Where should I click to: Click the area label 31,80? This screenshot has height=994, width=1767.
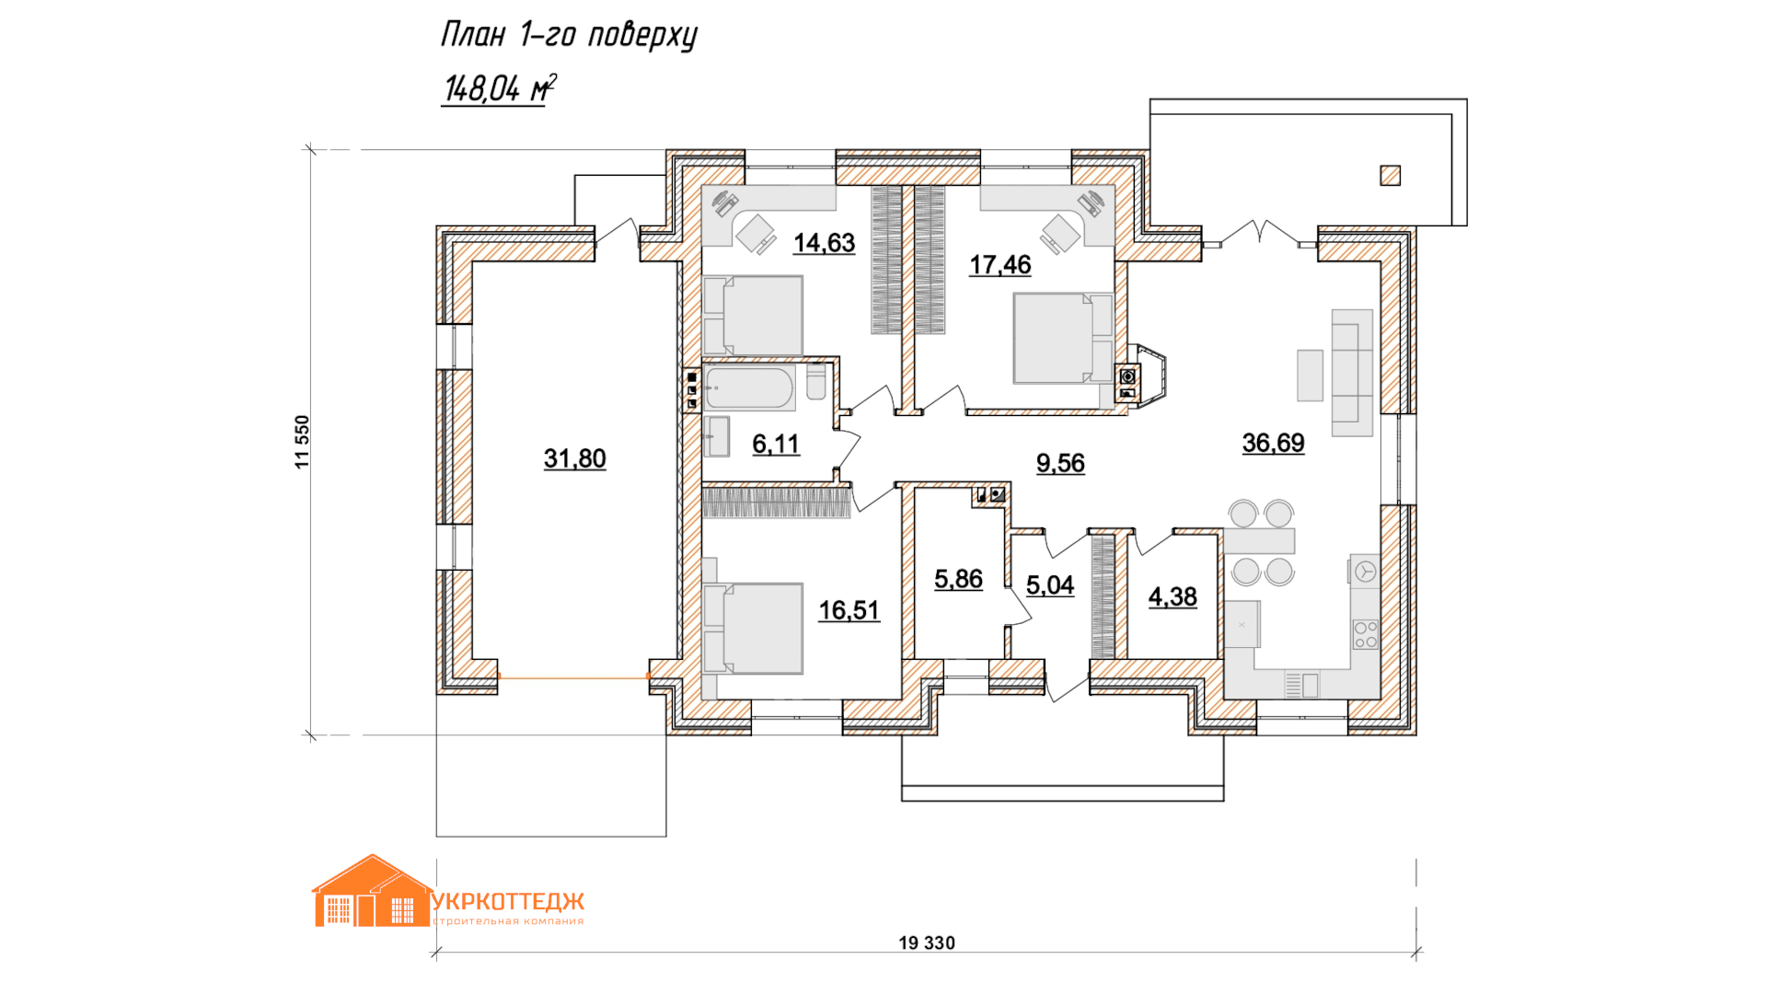(x=574, y=458)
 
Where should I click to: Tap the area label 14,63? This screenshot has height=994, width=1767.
(x=824, y=243)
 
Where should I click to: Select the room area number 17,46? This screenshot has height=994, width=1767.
(x=999, y=265)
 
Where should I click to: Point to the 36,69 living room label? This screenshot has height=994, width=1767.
(x=1273, y=443)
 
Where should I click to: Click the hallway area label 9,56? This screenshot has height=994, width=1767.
(x=1060, y=463)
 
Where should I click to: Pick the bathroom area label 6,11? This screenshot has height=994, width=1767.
(x=776, y=444)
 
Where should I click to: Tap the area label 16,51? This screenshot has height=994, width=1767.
(x=849, y=610)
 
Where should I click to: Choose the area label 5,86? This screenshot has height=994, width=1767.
(x=958, y=579)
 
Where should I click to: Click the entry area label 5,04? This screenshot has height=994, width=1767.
(x=1050, y=585)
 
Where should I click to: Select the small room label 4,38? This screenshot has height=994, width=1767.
(x=1172, y=597)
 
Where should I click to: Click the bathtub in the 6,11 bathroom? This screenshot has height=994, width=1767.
(x=749, y=388)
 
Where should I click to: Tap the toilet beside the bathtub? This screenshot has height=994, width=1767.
(x=815, y=382)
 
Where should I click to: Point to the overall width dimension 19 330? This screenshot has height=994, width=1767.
(x=927, y=942)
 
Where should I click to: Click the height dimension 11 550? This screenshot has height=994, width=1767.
(x=303, y=442)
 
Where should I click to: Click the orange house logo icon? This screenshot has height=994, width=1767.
(x=372, y=891)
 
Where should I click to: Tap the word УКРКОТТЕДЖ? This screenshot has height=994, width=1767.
(x=508, y=901)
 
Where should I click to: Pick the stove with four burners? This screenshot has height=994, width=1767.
(x=1365, y=634)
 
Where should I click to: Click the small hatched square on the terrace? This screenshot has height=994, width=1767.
(x=1390, y=175)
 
